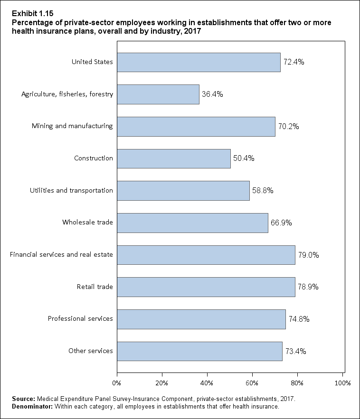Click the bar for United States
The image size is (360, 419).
point(199,62)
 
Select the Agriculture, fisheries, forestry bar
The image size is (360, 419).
point(158,94)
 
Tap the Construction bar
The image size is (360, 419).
point(174,158)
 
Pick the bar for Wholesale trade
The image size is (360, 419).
point(192,223)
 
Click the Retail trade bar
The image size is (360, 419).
point(206,287)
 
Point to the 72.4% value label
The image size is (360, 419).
point(294,62)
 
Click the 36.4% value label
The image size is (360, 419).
point(213,94)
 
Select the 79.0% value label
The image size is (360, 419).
point(309,255)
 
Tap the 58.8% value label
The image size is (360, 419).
point(264,191)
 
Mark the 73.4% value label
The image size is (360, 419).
point(295,351)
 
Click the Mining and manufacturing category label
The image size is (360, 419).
point(72,126)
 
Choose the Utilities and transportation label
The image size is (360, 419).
point(71,191)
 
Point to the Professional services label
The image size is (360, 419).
point(80,318)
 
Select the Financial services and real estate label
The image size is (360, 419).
point(61,255)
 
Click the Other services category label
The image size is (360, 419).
point(91,351)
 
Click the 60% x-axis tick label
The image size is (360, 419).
point(252,382)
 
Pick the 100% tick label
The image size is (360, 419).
point(342,382)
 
